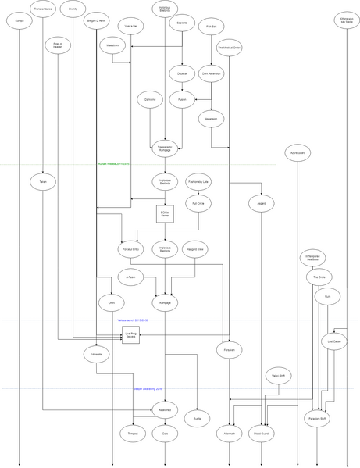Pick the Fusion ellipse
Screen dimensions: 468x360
pyautogui.click(x=182, y=100)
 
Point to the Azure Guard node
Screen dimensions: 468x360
pyautogui.click(x=297, y=152)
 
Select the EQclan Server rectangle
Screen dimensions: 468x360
pyautogui.click(x=165, y=213)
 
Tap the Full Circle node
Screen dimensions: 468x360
pyautogui.click(x=198, y=203)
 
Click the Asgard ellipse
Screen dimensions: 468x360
pyautogui.click(x=260, y=203)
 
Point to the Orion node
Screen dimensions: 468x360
pyautogui.click(x=112, y=302)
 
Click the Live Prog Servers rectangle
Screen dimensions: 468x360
pyautogui.click(x=130, y=335)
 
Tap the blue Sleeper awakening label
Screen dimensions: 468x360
pyautogui.click(x=148, y=388)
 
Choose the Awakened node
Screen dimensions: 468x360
pyautogui.click(x=165, y=409)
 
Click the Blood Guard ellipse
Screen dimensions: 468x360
pyautogui.click(x=260, y=433)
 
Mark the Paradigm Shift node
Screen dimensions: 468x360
pyautogui.click(x=317, y=418)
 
